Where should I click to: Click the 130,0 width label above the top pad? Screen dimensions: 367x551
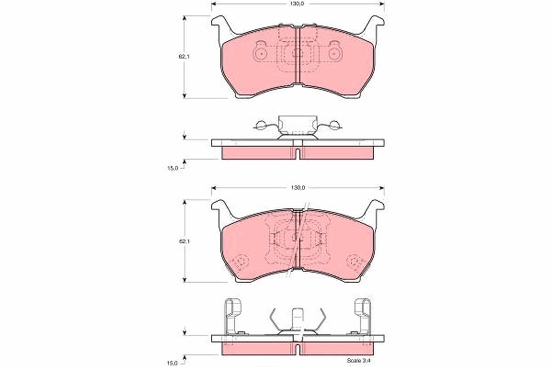point(298,4)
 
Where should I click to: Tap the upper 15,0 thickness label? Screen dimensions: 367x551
point(172,168)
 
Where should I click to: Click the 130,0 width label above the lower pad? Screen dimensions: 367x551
point(298,188)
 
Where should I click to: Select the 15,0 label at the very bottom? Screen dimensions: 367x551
point(172,363)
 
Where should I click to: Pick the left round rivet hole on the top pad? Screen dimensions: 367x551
point(260,54)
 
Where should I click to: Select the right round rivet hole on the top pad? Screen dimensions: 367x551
point(335,54)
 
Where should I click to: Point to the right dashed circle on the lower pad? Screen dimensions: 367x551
point(355,262)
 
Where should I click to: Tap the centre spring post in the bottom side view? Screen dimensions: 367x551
point(298,318)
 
